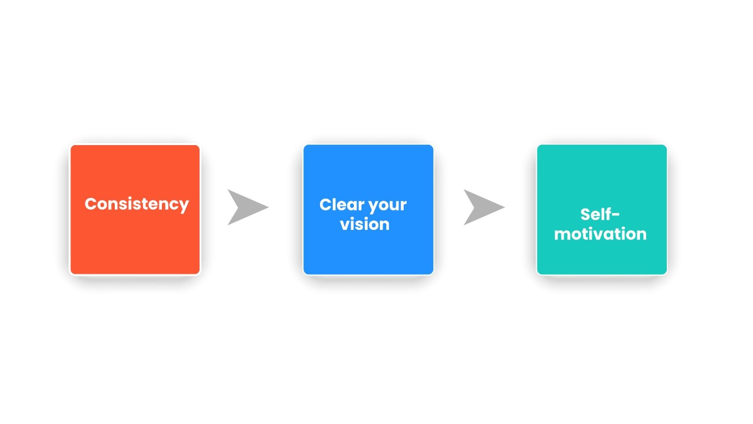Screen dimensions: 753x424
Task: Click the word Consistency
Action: [x=137, y=204]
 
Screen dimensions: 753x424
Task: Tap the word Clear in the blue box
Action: [x=339, y=204]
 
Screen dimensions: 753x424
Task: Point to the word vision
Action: [x=365, y=224]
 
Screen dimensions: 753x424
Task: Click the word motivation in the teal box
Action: [x=601, y=234]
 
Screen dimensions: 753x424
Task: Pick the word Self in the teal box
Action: [x=595, y=214]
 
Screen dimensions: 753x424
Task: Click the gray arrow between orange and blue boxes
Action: [x=248, y=207]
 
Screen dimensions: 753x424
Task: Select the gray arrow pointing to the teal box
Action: [x=484, y=207]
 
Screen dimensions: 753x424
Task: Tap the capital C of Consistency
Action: [x=91, y=204]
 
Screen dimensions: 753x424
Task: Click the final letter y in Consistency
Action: [x=184, y=206]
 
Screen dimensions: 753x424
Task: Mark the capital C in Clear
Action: [x=326, y=204]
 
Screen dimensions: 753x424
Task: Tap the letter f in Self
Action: [x=607, y=214]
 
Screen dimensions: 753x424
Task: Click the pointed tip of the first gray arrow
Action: [x=269, y=207]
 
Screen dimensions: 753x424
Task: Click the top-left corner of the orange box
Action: [x=71, y=146]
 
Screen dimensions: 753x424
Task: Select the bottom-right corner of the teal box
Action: [x=666, y=274]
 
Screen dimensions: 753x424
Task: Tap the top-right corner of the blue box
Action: [x=433, y=145]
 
